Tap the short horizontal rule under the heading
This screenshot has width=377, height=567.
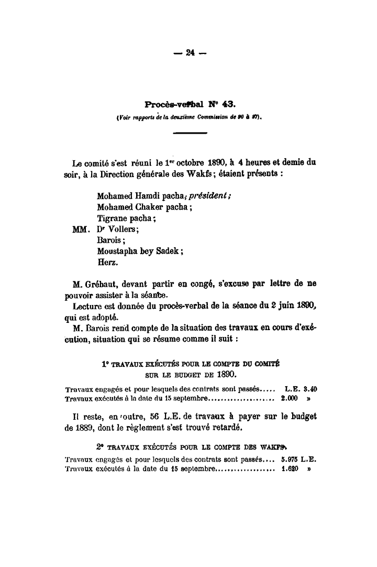(x=190, y=134)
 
